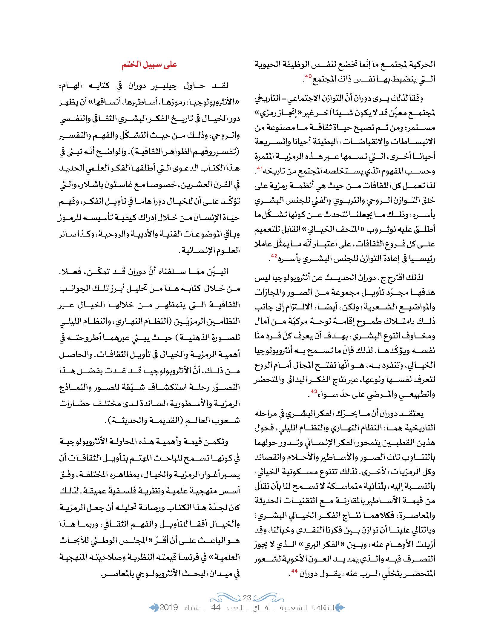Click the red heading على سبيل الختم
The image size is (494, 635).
(x=149, y=65)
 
